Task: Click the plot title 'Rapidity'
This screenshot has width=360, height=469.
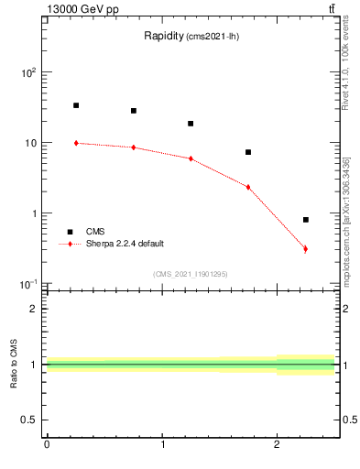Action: coord(165,37)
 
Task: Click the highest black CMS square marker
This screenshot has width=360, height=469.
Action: coord(76,105)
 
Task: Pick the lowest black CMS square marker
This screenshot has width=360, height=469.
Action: coord(306,220)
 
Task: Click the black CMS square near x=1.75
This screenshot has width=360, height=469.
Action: coord(248,152)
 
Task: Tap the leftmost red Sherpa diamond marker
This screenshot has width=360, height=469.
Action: coord(76,143)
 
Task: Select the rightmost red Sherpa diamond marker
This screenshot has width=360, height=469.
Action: coord(306,249)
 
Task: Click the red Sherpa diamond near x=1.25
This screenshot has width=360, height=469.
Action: coord(191,158)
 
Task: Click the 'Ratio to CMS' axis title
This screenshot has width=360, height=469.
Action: coord(14,364)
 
